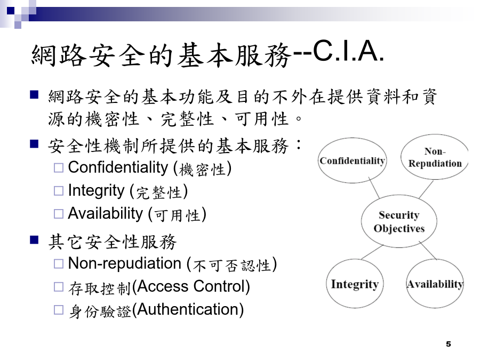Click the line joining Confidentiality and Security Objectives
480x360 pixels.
coord(374,187)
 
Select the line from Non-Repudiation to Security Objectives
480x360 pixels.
coord(426,189)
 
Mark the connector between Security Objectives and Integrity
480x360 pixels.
coord(372,252)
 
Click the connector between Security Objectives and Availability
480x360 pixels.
coord(428,251)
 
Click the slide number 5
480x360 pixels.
coord(449,344)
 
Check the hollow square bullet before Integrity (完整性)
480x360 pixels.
coord(59,191)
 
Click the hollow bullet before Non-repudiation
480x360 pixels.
coord(59,264)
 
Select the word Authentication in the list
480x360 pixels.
coord(188,309)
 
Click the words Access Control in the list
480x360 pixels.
coord(191,286)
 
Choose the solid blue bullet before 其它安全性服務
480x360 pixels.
coord(34,239)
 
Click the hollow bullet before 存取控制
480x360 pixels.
coord(59,287)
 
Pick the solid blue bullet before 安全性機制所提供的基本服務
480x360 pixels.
coord(34,143)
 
